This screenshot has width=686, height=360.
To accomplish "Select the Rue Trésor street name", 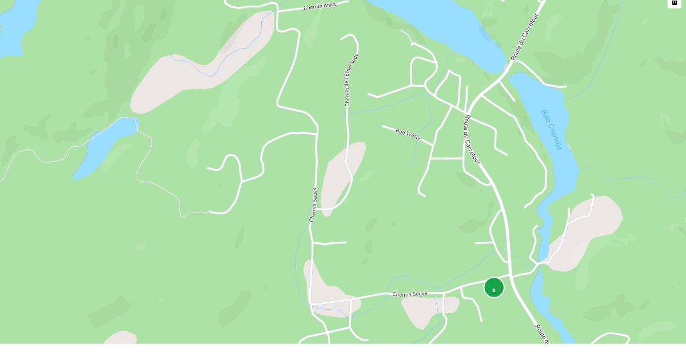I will [408, 135].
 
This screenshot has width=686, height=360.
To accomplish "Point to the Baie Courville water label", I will [551, 129].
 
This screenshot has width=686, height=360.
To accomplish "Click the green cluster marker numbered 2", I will [494, 287].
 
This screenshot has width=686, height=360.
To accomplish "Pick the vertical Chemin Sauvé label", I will [313, 205].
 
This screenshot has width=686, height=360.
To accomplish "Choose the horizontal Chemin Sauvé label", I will [410, 294].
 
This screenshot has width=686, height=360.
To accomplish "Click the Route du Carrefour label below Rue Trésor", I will [472, 140].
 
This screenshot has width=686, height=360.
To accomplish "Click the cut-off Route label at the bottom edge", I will [542, 334].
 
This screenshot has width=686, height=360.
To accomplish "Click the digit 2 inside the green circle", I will [494, 290].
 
